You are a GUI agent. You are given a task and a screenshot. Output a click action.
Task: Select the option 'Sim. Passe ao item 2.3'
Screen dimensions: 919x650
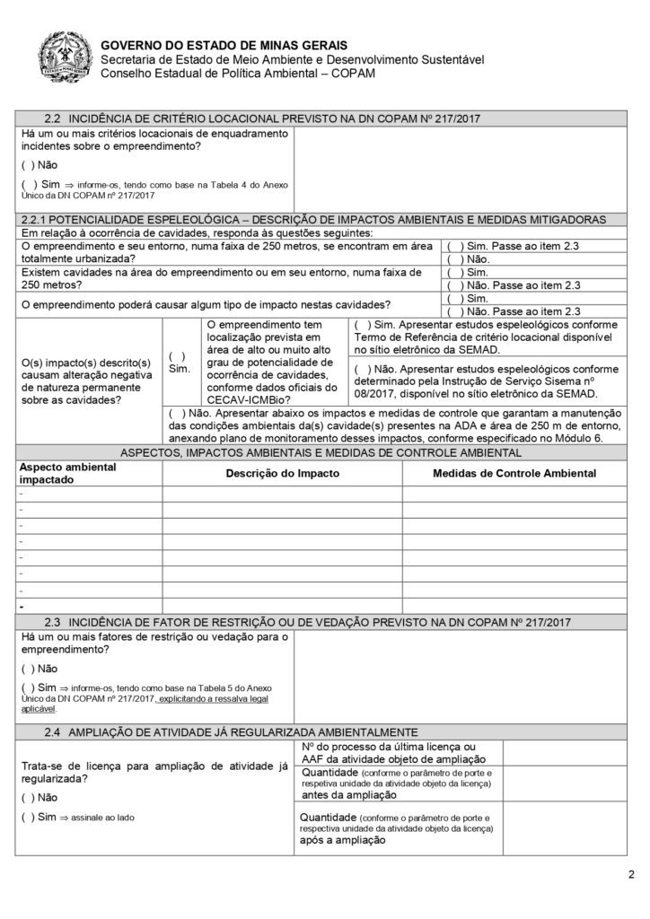tap(516, 245)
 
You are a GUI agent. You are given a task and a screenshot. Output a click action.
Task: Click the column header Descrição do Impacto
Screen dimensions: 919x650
tap(282, 473)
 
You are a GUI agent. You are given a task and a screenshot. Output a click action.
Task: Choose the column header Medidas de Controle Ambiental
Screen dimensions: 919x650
tap(514, 473)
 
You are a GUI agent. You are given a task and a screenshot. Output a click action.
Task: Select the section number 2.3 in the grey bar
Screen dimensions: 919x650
tap(53, 622)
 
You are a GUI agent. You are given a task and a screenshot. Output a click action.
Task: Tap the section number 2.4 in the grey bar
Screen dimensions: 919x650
tap(53, 731)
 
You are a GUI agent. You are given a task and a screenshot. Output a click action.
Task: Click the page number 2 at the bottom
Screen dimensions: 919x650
tap(630, 876)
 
